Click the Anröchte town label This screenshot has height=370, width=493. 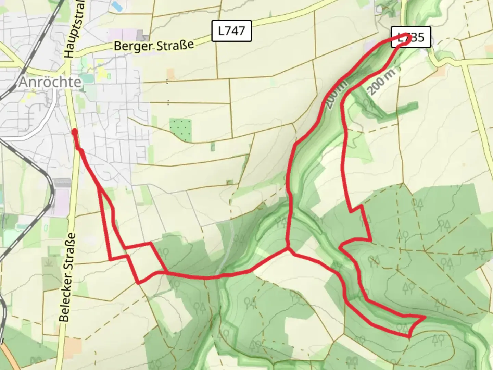[50, 82]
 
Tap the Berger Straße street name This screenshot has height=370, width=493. [154, 45]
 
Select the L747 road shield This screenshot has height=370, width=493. [231, 31]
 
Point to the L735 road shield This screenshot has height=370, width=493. [411, 37]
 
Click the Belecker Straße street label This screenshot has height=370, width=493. [67, 277]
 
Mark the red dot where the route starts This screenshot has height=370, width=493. [74, 132]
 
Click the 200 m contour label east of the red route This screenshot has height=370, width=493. [381, 82]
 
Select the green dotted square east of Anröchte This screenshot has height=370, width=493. [180, 130]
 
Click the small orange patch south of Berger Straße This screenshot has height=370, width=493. [171, 73]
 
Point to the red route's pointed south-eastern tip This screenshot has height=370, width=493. [425, 318]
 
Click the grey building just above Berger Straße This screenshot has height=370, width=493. [141, 35]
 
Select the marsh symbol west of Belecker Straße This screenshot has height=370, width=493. [48, 262]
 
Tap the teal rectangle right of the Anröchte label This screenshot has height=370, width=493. [87, 78]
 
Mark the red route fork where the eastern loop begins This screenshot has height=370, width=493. [288, 250]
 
